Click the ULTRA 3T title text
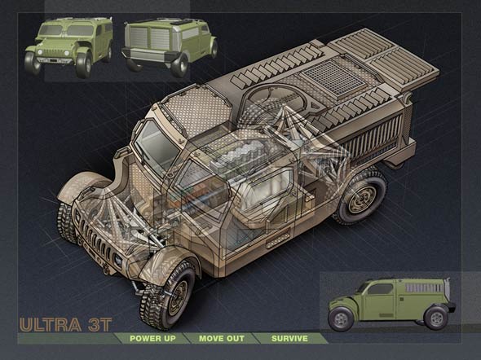click(x=66, y=325)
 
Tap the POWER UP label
click(x=152, y=339)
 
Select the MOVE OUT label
click(x=222, y=339)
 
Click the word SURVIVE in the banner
click(x=289, y=339)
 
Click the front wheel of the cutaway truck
click(x=167, y=294)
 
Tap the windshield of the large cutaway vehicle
click(x=155, y=146)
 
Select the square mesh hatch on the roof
click(x=333, y=77)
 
